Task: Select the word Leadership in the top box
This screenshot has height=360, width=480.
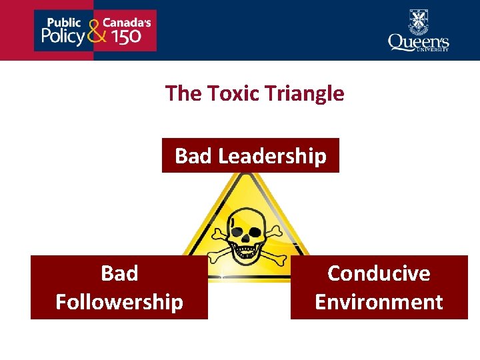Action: [x=273, y=156]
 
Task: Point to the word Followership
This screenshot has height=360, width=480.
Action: [x=119, y=302]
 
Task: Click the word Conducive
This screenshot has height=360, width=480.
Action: [x=379, y=273]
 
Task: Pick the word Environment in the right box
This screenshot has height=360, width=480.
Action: [x=379, y=302]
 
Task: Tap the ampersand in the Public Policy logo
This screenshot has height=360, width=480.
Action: [x=96, y=30]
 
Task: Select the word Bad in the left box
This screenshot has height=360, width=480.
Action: [x=119, y=273]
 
